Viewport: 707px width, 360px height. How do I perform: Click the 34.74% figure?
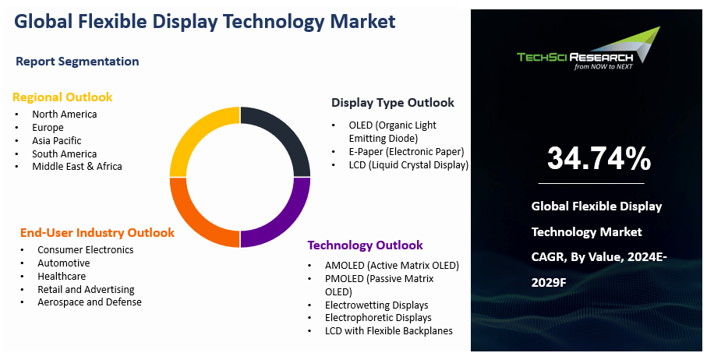click(599, 158)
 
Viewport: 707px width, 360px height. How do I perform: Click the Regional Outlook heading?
click(62, 97)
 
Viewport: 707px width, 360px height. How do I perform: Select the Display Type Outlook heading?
click(393, 103)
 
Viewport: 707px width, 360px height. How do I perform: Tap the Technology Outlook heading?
click(366, 245)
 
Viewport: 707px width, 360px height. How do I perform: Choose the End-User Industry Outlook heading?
click(97, 232)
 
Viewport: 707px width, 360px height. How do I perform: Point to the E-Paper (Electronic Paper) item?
click(396, 151)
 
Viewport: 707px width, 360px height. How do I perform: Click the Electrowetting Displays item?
click(376, 305)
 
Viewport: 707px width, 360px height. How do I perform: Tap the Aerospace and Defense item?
click(90, 302)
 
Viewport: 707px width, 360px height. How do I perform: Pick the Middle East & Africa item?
click(77, 166)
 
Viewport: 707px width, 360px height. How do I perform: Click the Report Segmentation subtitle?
click(77, 62)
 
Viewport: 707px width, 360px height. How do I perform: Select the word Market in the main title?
click(359, 21)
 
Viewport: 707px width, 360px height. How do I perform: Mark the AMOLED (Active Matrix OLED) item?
click(392, 266)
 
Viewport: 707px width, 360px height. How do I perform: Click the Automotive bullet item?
click(64, 263)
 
